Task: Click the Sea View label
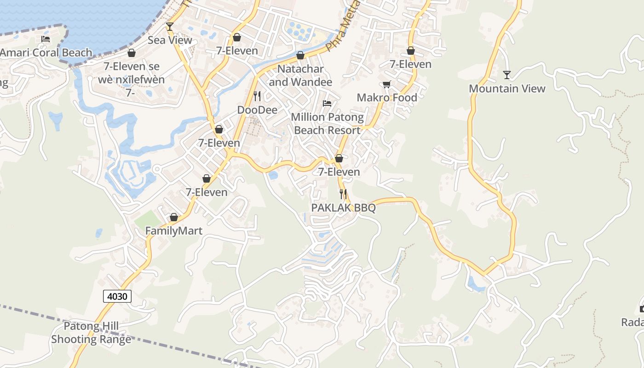pos(170,40)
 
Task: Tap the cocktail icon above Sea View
pos(170,27)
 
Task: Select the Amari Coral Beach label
pos(46,52)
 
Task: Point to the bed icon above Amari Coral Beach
pos(46,39)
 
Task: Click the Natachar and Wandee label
pos(300,75)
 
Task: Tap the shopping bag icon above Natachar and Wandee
pos(300,56)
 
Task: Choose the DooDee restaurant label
pos(257,110)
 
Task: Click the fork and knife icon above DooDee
pos(257,96)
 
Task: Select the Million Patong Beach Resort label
pos(327,124)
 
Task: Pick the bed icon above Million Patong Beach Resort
pos(327,103)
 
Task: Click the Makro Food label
pos(387,98)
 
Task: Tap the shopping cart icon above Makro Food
pos(387,84)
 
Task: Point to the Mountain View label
pos(507,88)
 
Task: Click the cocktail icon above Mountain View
pos(507,75)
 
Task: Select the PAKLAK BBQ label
pos(343,208)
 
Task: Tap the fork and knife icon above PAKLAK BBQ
pos(343,194)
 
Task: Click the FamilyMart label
pos(174,231)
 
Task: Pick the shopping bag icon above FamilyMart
pos(174,217)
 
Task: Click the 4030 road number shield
pos(117,296)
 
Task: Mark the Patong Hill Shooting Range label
pos(91,333)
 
